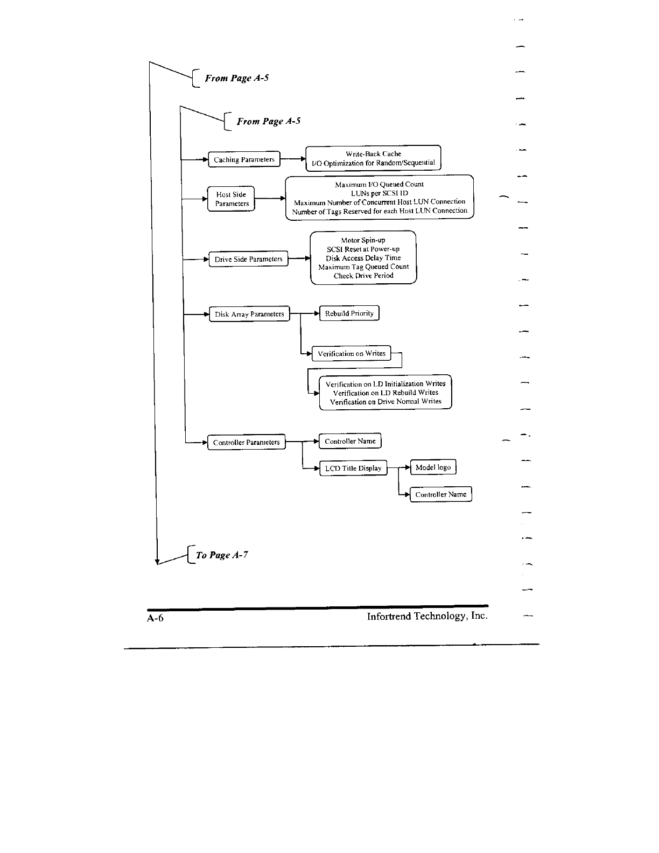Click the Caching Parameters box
pos(244,159)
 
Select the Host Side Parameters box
pos(232,199)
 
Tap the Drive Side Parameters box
pos(248,259)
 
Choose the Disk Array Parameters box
pos(249,314)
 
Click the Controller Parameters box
pos(247,442)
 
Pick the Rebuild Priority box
pos(349,313)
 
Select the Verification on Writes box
pos(352,353)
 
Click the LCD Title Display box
pos(353,468)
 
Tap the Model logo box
pos(433,467)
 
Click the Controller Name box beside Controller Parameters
pos(350,441)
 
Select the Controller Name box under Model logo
pos(441,494)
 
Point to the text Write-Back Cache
pos(373,153)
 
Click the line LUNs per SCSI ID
pos(379,193)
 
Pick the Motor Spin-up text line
pos(363,240)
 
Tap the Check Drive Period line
pos(363,276)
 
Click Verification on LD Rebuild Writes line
pos(385,393)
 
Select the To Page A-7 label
pos(222,555)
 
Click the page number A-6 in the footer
pos(155,618)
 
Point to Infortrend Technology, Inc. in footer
pos(427,616)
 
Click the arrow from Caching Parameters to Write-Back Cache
pos(293,159)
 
